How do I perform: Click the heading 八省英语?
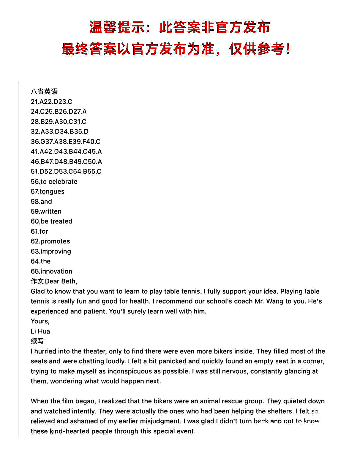(44, 91)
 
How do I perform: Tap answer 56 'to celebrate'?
(54, 181)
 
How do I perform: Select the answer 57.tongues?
(48, 191)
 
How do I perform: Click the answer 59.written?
(46, 211)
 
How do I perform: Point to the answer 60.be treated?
(51, 221)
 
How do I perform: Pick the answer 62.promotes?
(50, 241)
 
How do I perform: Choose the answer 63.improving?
(51, 251)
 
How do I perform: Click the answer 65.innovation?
(51, 271)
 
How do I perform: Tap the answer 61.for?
(39, 231)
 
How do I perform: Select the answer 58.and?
(41, 202)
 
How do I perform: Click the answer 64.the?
(41, 261)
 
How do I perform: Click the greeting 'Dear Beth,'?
(61, 281)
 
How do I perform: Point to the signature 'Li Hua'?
(40, 331)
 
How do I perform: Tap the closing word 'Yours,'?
(40, 321)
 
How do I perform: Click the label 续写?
(37, 341)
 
